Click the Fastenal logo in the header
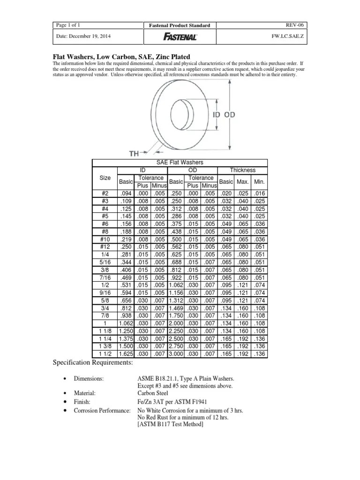180,37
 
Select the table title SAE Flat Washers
180,162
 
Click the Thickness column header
242,170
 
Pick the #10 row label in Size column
105,239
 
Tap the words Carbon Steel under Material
152,394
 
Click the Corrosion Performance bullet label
101,410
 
